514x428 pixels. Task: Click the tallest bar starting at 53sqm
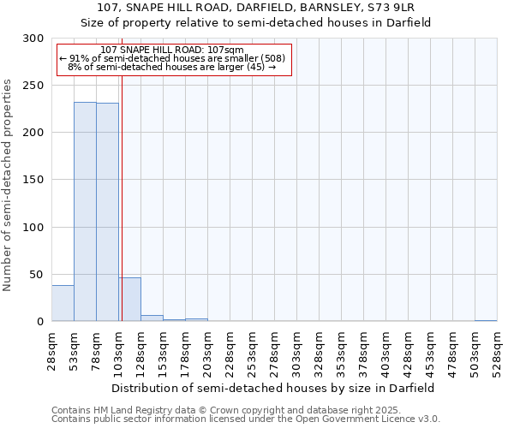85,211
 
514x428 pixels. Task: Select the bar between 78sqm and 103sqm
107,212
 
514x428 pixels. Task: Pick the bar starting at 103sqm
129,300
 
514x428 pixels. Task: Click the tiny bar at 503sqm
486,320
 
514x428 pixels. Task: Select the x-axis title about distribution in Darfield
274,388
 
